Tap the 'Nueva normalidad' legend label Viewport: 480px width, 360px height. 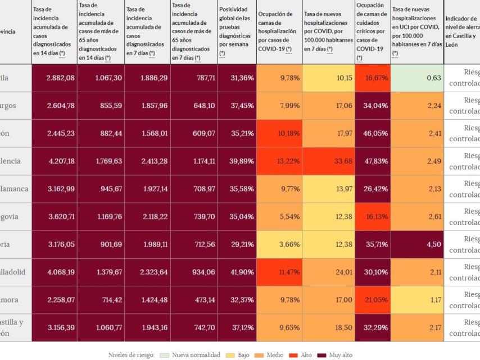click(x=196, y=355)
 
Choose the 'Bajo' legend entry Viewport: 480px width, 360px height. click(x=243, y=355)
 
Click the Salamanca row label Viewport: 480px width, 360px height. click(x=14, y=189)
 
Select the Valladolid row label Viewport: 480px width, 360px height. click(x=13, y=272)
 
